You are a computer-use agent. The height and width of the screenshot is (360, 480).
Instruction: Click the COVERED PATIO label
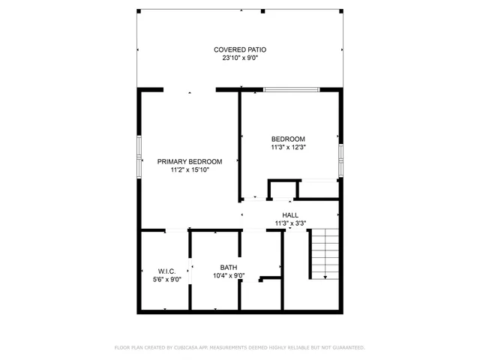239,49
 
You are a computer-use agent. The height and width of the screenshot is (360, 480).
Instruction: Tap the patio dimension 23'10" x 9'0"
239,58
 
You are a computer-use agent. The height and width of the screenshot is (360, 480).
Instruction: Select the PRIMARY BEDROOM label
189,162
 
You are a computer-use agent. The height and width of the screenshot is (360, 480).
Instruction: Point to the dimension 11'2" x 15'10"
189,170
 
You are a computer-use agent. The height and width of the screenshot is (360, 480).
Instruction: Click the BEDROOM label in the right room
288,139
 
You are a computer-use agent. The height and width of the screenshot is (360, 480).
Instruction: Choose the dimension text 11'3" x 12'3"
288,147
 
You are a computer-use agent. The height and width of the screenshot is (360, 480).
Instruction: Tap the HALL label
289,215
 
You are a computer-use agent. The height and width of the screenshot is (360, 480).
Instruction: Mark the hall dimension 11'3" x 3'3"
289,223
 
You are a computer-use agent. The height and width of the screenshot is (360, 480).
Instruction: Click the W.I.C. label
166,271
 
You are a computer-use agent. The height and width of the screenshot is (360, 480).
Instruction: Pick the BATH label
228,268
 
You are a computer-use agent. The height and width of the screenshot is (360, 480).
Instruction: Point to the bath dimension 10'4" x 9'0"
228,275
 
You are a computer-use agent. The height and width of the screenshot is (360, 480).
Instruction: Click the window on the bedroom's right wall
340,160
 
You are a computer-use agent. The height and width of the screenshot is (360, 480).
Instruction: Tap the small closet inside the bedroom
282,189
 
